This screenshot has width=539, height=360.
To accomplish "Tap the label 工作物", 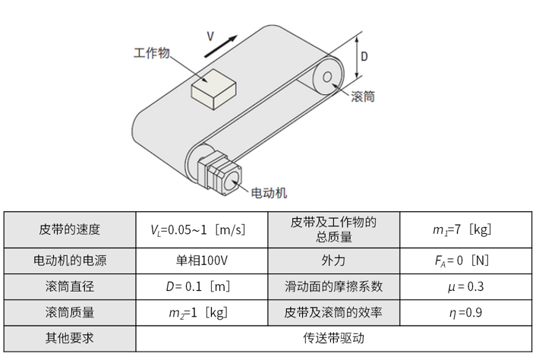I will click(x=151, y=54).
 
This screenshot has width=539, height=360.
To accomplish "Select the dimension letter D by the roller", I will click(x=364, y=55).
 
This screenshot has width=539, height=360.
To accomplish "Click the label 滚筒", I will click(x=363, y=96).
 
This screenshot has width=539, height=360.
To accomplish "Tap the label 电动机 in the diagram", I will click(x=269, y=193).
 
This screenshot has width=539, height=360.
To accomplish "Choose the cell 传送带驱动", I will click(x=333, y=338).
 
